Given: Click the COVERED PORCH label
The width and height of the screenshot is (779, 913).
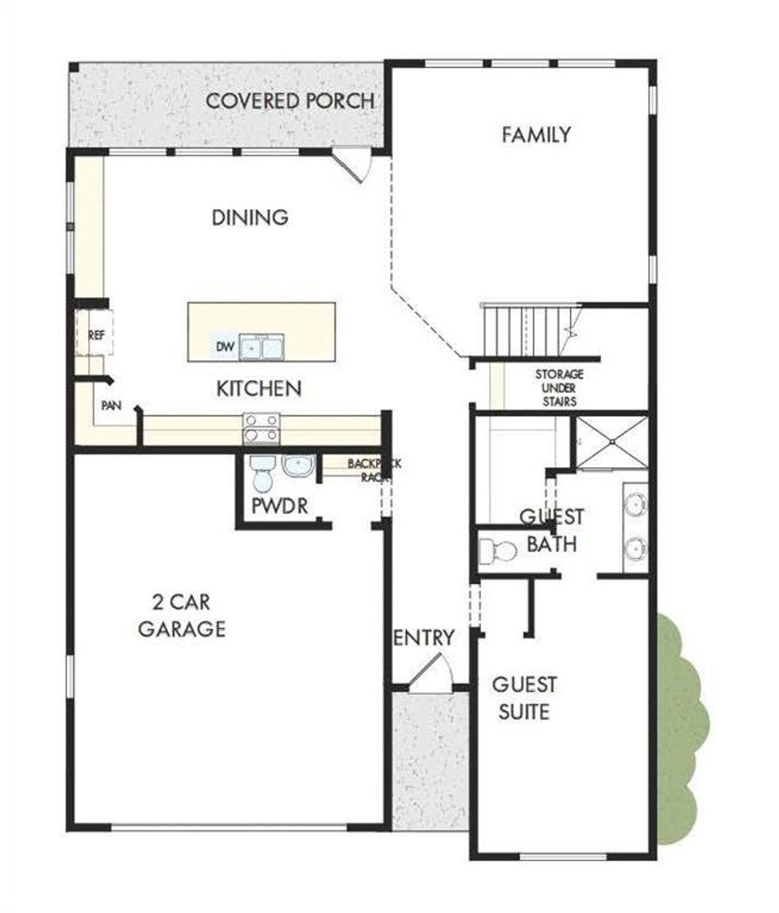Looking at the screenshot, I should [x=290, y=100].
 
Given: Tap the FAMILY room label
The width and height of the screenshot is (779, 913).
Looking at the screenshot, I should [x=536, y=134].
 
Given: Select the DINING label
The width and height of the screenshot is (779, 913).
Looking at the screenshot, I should [x=250, y=217].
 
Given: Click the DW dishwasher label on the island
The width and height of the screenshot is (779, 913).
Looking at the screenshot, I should [x=225, y=347].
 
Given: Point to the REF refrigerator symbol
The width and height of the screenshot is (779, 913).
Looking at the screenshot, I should [x=96, y=334].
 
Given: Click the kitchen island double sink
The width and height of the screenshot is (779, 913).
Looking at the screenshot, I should [x=262, y=347].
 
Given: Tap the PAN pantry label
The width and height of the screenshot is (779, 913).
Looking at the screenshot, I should [x=111, y=405].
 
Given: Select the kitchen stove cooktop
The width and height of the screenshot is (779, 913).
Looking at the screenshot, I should [x=262, y=428].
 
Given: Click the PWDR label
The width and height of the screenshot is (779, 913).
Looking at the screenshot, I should [x=280, y=505].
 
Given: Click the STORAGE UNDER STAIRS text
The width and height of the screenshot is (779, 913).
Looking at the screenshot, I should [x=559, y=387].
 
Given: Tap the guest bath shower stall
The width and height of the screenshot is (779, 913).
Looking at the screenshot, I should [x=612, y=443].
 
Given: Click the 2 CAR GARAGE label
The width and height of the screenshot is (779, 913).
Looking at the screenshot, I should [x=181, y=616].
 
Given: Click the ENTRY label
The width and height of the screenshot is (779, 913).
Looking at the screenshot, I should [x=424, y=637].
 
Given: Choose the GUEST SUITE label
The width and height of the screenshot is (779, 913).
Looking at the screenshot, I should [x=524, y=698].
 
